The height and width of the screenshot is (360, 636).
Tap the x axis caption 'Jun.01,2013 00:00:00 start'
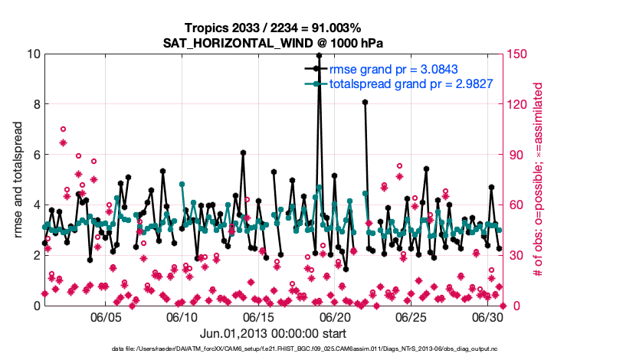point(273,333)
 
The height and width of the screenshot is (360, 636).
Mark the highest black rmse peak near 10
point(319,55)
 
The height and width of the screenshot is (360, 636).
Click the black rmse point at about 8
point(365,102)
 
